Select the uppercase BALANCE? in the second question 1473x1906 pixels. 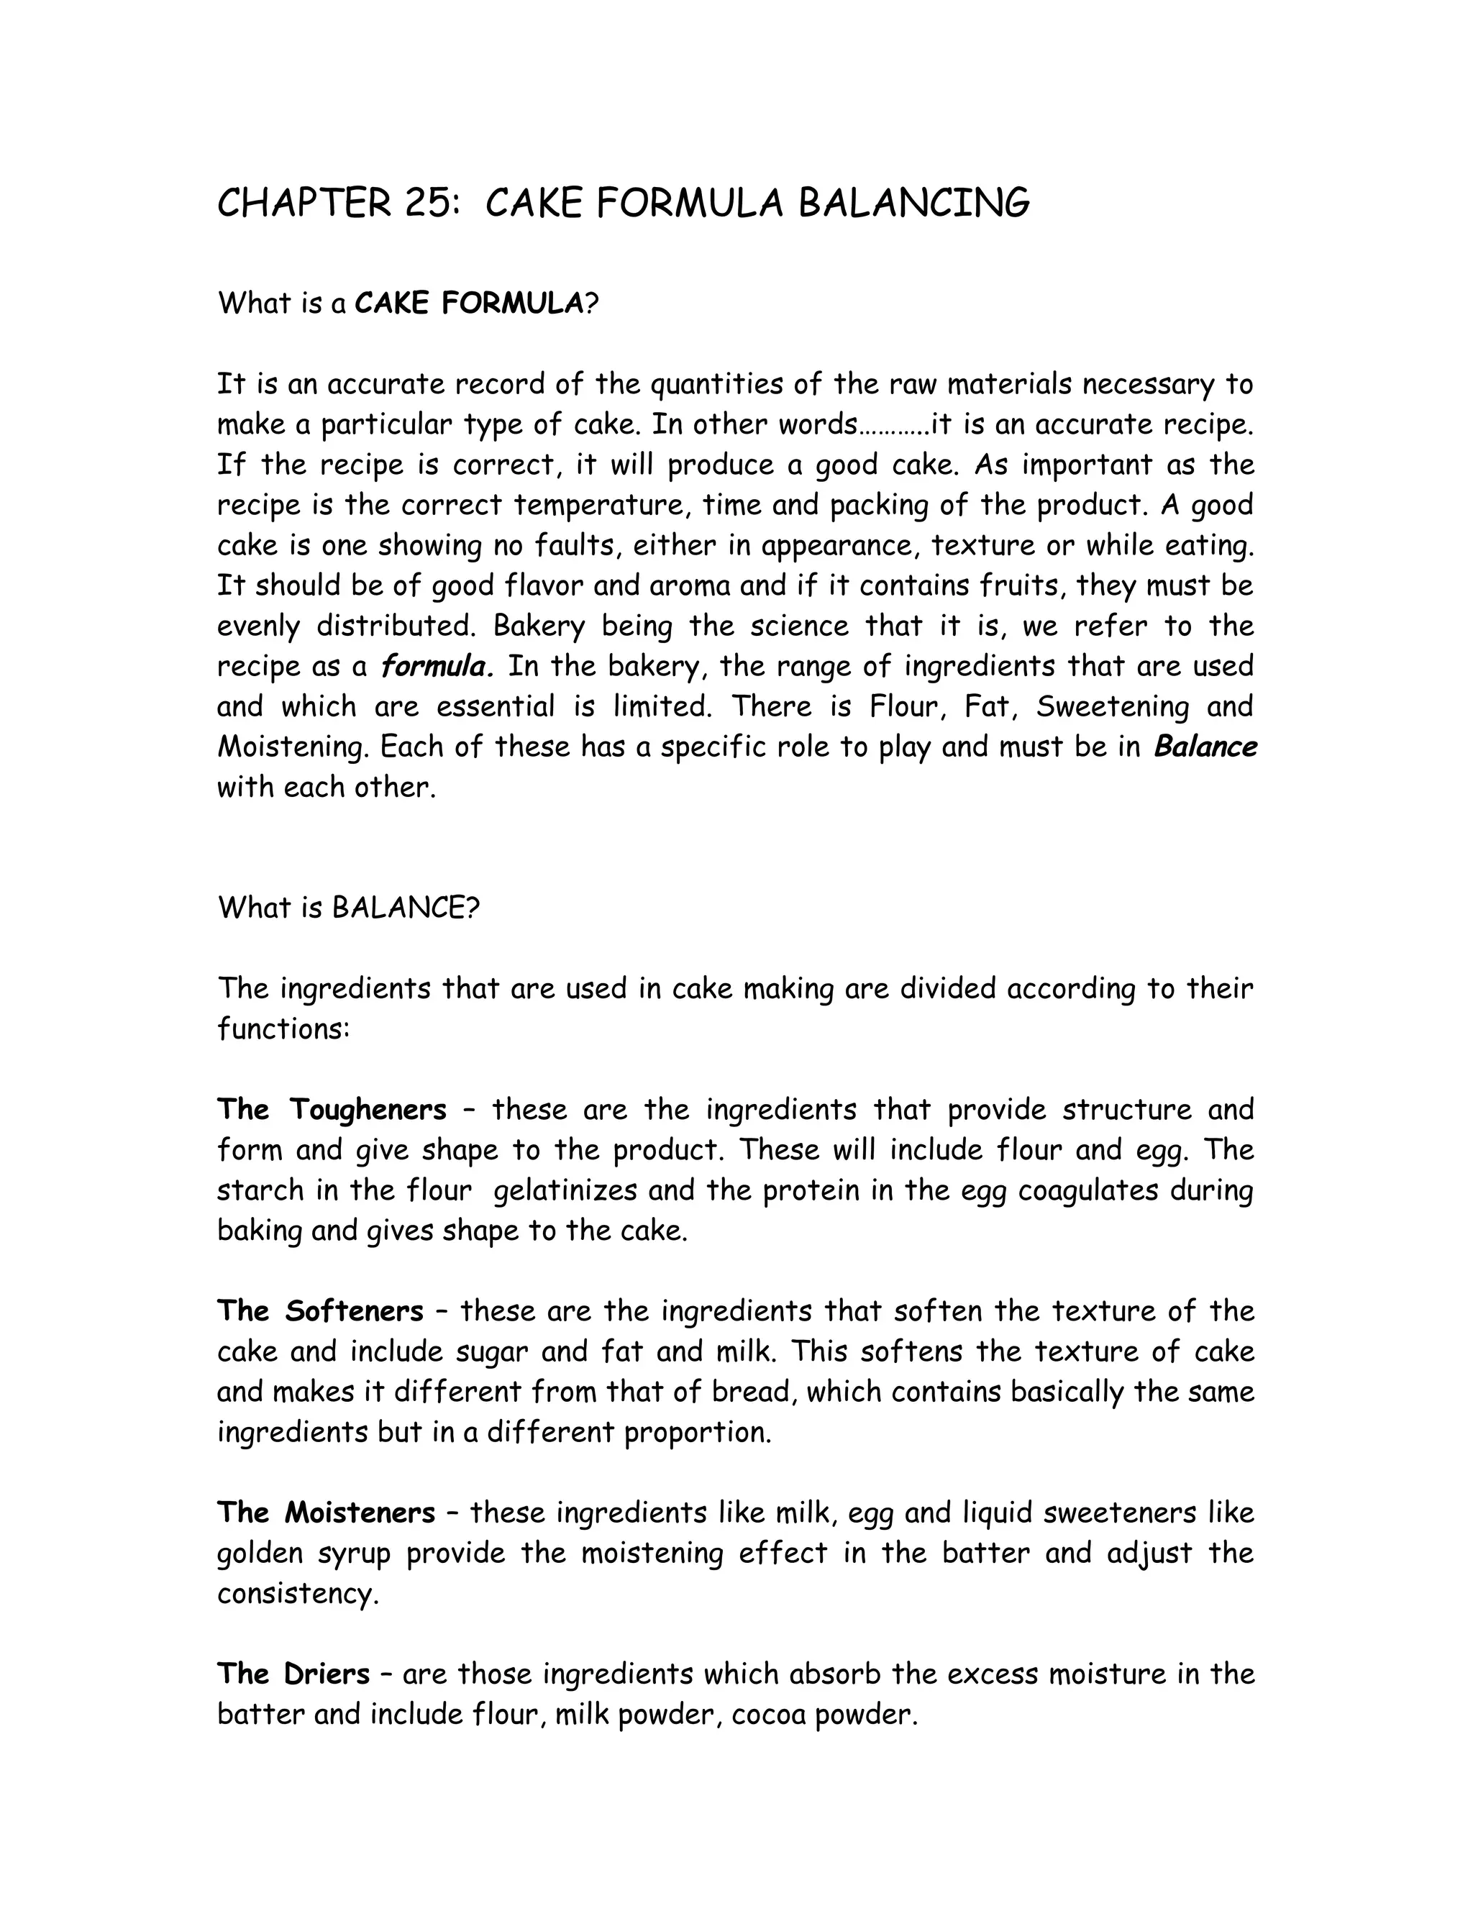pyautogui.click(x=406, y=908)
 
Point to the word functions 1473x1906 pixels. pyautogui.click(x=282, y=1030)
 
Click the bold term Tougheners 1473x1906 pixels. pyautogui.click(x=368, y=1110)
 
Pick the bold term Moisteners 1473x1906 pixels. pyautogui.click(x=360, y=1513)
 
